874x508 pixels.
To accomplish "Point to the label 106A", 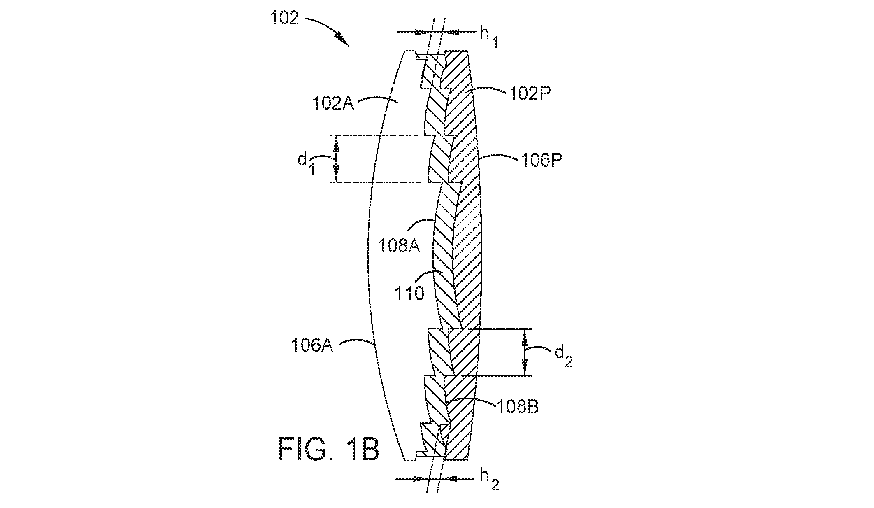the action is point(312,345).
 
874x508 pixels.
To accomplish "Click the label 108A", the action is point(399,247).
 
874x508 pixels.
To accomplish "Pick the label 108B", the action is point(517,407).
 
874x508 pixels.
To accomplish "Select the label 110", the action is point(409,294).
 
